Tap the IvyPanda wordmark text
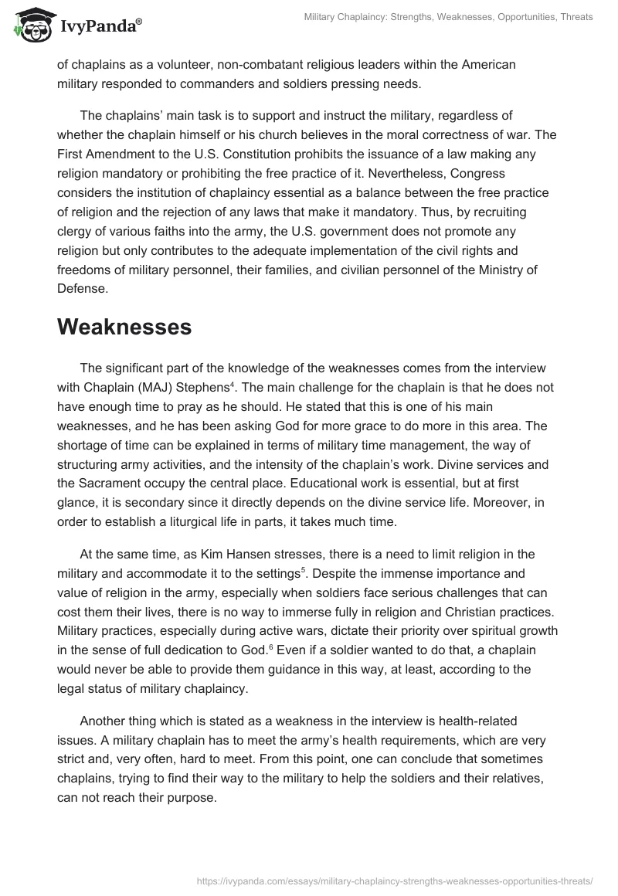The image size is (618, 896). [x=98, y=27]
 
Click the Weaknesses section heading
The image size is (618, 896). [x=124, y=326]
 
